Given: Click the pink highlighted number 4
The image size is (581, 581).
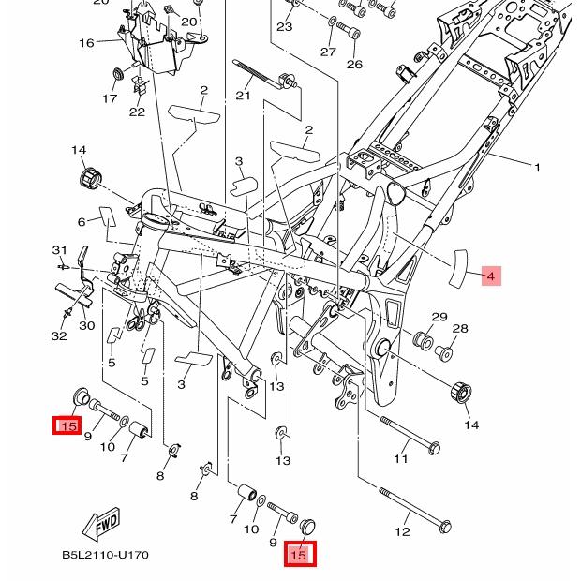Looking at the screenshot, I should (490, 276).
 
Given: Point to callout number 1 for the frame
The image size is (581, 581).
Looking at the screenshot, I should (537, 168).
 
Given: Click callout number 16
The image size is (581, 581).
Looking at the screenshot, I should (86, 43).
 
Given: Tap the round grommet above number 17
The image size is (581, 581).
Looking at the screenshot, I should (117, 74).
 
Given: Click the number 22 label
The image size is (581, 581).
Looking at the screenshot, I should (137, 112).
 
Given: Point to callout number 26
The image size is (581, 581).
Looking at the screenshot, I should (353, 65).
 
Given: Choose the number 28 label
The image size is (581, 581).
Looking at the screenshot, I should (460, 329).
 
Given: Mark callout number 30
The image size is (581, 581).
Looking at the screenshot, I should (86, 325).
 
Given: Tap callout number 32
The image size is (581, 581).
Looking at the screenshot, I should (58, 335).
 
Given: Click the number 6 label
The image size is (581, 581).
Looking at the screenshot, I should (82, 222).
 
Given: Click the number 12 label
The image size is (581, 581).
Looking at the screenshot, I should (402, 532).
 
